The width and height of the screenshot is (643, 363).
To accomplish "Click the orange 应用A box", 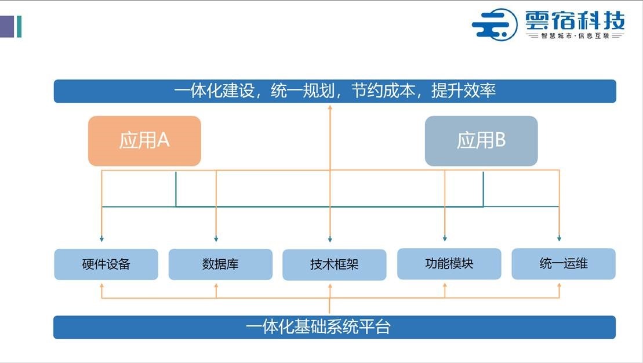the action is (144, 141).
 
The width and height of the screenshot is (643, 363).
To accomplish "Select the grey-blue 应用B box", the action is (481, 141).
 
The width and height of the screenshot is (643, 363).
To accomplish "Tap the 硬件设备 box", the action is (106, 264).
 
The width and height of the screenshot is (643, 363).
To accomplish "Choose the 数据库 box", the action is (220, 264).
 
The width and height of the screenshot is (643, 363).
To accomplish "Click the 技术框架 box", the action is (334, 264).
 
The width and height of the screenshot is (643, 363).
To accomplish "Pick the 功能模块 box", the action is (449, 264).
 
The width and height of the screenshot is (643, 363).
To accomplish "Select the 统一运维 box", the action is (564, 264).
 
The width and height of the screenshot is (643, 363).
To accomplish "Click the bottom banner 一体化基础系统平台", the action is (334, 327).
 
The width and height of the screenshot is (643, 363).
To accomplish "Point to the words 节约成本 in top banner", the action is (383, 90).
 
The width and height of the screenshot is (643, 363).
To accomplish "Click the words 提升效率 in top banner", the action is (463, 90).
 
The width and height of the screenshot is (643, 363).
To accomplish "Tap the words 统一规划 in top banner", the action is (303, 90).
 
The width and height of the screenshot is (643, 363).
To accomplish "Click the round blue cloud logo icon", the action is (495, 24).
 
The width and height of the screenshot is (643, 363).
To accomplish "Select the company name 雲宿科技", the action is (575, 20).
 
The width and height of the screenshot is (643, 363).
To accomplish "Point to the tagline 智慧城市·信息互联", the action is (575, 36).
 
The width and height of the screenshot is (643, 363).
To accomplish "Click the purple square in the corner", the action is (7, 26).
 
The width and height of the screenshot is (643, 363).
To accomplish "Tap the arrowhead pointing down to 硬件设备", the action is (101, 239).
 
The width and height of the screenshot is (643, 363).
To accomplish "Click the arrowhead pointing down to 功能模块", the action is (445, 239).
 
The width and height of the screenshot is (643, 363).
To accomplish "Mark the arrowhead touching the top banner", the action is (330, 107).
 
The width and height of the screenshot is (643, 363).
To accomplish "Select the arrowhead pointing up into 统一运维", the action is (560, 285).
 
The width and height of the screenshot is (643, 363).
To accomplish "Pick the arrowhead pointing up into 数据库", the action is (216, 285).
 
